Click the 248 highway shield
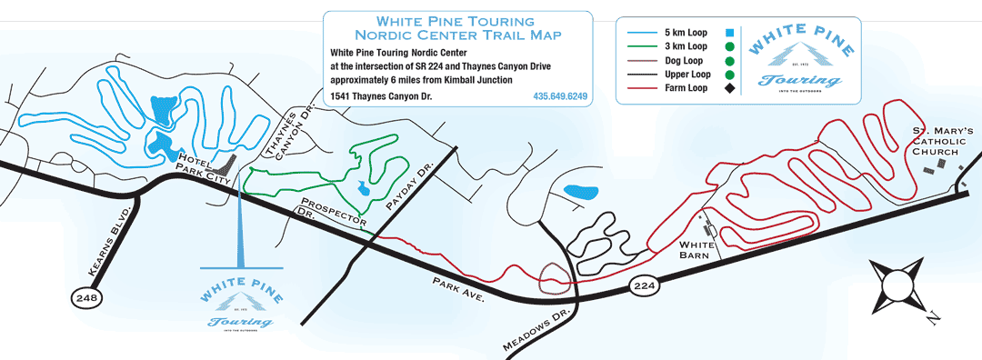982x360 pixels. (83, 296)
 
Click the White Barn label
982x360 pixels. (699, 250)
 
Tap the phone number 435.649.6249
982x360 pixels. (559, 96)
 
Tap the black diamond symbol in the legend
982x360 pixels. (729, 88)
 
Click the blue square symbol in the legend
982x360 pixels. (729, 30)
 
